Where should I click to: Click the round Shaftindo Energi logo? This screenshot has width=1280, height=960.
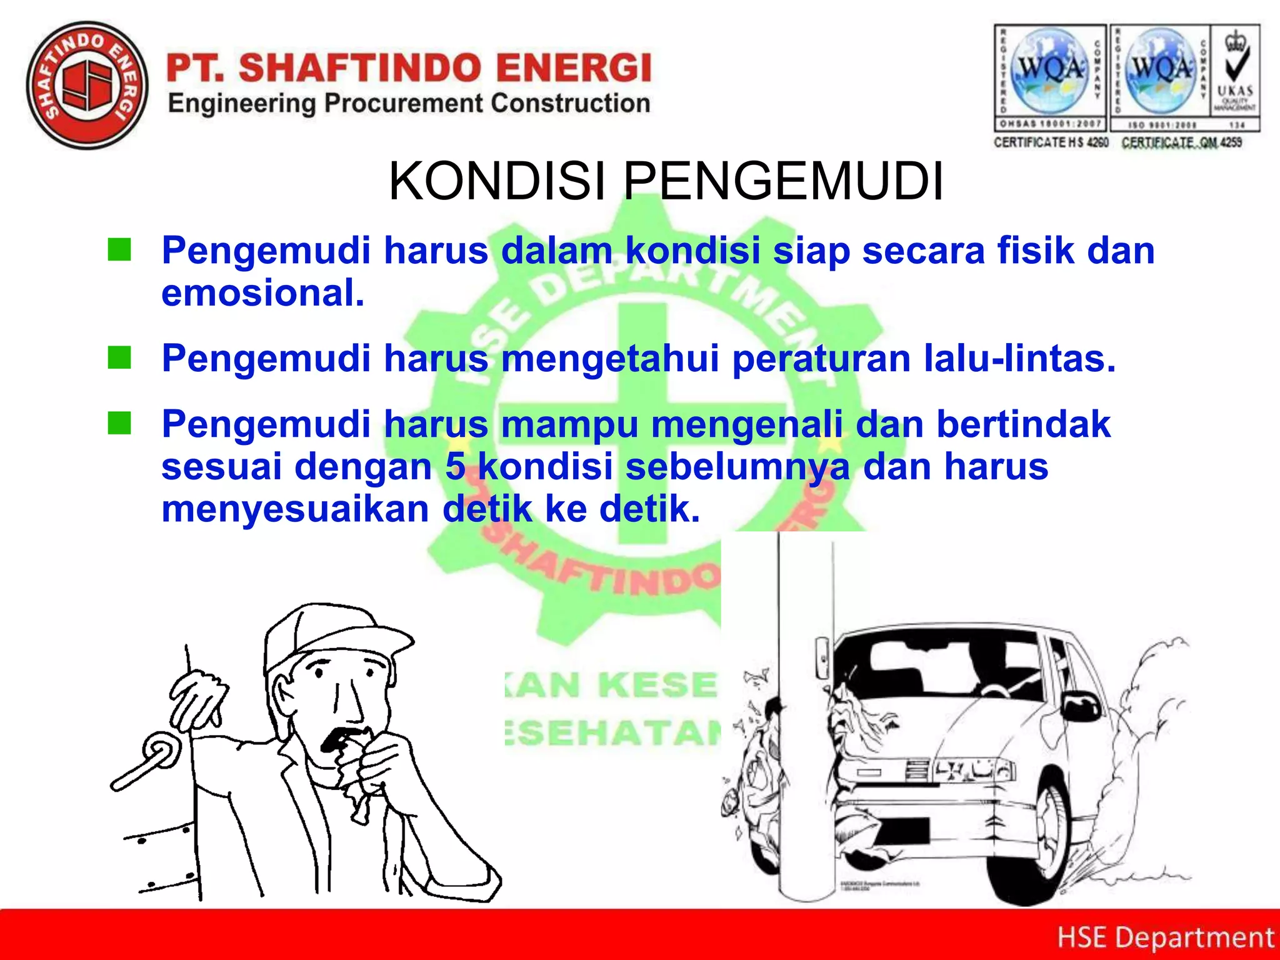[x=87, y=86]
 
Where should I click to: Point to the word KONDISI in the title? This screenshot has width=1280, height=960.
[x=497, y=181]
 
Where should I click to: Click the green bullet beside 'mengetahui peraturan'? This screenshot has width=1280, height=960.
[x=119, y=358]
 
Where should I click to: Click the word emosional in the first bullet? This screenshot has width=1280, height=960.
[x=262, y=292]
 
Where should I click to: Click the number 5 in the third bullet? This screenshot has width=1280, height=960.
[x=455, y=467]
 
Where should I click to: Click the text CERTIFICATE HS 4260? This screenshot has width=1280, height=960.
[x=1051, y=142]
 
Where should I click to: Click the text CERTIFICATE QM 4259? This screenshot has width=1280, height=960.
[x=1181, y=142]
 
